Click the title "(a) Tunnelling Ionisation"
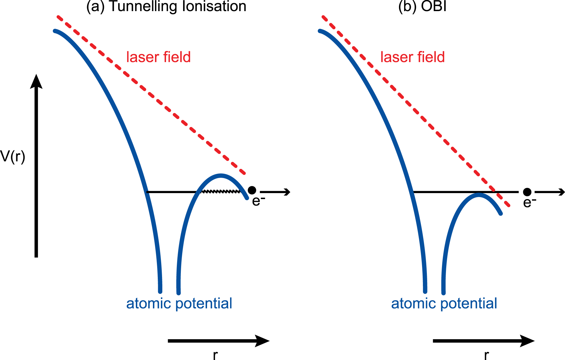coord(166,6)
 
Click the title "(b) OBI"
coord(422,6)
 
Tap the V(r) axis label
coord(13,156)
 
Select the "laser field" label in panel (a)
coord(158,57)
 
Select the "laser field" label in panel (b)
coord(412,57)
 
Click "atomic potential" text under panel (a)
coord(179,303)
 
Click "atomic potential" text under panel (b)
coord(444,303)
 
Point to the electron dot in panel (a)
coord(252,190)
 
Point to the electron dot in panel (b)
coord(527,192)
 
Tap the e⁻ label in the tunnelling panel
coord(258,201)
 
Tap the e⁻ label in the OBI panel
coord(529,202)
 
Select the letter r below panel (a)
coord(215,355)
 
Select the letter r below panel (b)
coord(486,355)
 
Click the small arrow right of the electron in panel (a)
coord(275,192)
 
